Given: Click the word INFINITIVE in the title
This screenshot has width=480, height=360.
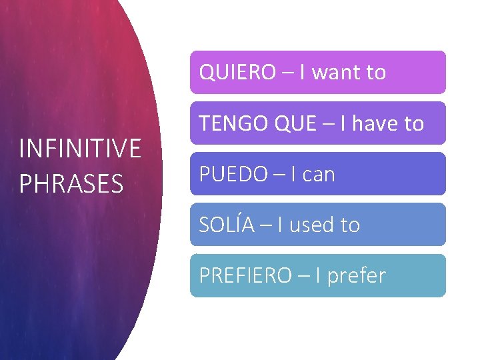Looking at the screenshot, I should coord(80,148).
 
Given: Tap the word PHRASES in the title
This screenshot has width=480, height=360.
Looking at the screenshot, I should coord(71,183).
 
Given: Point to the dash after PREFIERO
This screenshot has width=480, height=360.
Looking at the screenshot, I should coord(303,276).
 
